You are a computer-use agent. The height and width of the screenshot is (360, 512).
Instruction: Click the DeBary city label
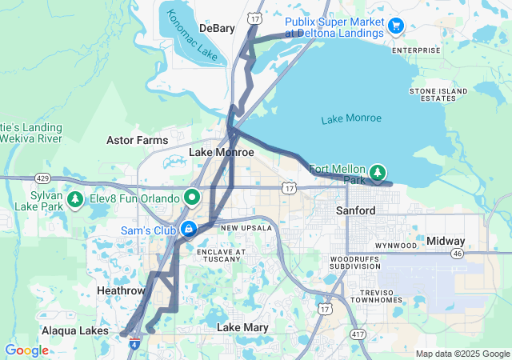click(217, 28)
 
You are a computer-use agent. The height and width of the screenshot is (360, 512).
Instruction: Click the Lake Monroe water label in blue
click(351, 118)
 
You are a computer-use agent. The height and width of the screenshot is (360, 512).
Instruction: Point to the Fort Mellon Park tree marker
click(377, 171)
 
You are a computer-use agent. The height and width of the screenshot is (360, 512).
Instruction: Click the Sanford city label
click(355, 210)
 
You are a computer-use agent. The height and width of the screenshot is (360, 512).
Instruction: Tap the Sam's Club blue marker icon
click(188, 230)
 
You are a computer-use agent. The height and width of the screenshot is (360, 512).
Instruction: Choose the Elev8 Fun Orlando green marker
click(192, 196)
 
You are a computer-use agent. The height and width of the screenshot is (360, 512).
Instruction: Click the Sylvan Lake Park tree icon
click(75, 198)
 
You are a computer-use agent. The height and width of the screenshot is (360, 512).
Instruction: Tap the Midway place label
click(446, 241)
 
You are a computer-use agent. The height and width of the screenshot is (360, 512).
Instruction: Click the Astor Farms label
click(137, 140)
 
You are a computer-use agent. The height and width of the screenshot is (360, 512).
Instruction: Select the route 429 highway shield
click(42, 178)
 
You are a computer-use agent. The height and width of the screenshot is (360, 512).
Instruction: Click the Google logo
click(26, 350)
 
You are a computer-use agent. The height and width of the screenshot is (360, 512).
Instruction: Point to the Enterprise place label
click(416, 50)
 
